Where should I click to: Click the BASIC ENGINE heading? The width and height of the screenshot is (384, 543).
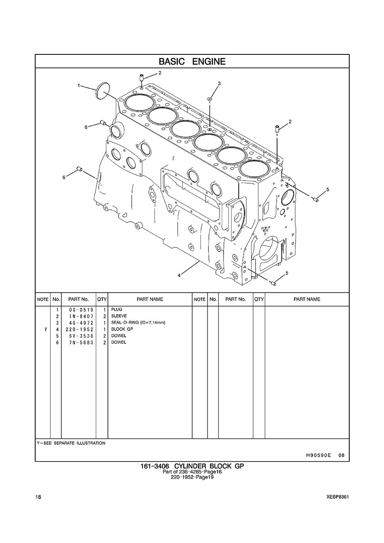[192, 62]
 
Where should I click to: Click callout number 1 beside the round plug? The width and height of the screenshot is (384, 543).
[79, 85]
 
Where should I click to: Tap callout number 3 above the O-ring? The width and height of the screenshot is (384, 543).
[219, 83]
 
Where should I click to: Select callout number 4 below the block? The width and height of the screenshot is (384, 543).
[179, 275]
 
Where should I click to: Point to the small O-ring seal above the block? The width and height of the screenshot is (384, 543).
[210, 99]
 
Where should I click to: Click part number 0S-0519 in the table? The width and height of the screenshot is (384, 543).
[79, 309]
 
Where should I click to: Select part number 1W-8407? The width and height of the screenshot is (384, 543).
[79, 316]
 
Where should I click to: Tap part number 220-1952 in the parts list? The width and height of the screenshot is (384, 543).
[79, 330]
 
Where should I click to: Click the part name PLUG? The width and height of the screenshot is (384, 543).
[117, 309]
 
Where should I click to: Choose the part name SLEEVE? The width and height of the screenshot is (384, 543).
[119, 316]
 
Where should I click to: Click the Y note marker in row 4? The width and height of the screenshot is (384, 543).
[46, 330]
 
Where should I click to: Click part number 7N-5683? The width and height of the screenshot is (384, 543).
[79, 342]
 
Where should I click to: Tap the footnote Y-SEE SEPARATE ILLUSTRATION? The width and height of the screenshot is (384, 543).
[71, 443]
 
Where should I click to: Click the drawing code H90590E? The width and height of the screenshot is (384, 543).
[315, 455]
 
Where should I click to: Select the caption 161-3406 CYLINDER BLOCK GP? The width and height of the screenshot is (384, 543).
[192, 466]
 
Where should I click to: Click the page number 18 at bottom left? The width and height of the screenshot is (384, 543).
[38, 497]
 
